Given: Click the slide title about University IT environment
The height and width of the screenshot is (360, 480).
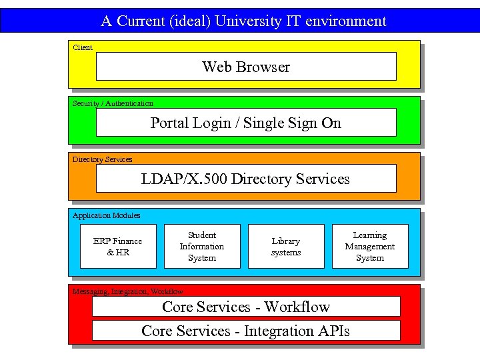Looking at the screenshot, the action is [243, 21].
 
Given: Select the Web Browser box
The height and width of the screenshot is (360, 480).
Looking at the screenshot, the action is [246, 67].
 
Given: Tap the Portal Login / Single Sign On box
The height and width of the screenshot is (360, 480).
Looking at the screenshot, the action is [246, 123].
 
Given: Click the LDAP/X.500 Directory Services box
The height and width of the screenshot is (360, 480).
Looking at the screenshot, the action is [246, 179].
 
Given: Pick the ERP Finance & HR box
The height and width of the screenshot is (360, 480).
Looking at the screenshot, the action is [118, 247].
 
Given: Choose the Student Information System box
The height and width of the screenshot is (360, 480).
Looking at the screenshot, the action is [202, 247].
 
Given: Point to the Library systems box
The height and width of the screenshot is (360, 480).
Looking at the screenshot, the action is [286, 247].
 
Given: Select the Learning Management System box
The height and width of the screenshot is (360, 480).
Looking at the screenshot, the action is [370, 247].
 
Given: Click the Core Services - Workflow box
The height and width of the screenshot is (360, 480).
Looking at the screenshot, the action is [246, 307].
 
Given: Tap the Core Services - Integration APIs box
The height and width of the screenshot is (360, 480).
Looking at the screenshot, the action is [246, 331].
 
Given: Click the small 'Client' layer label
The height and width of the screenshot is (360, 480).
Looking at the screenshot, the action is [83, 47].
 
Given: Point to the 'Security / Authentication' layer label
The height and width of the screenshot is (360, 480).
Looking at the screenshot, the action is [113, 103].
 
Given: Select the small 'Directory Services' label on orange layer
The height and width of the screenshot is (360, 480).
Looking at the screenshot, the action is [103, 159].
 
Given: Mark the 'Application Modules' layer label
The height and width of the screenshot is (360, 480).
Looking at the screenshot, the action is [107, 215].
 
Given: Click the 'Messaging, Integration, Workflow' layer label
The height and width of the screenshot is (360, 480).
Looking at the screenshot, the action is [127, 291].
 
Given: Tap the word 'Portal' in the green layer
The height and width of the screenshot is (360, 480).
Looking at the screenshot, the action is [169, 123].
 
